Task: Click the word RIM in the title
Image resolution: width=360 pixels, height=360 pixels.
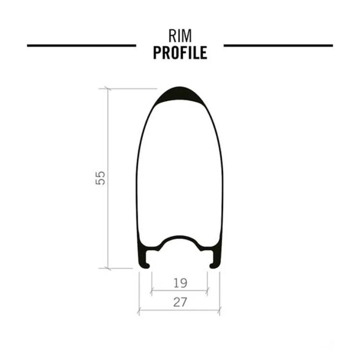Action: [x=180, y=36]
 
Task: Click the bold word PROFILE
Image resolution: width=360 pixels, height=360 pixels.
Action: [x=180, y=53]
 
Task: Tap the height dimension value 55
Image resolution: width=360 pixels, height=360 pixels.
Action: [x=100, y=178]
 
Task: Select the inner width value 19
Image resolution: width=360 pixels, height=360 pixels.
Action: [x=180, y=283]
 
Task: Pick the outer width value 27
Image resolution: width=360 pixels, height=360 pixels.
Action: [x=180, y=302]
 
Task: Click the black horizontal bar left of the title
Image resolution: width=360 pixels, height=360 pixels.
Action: [x=81, y=46]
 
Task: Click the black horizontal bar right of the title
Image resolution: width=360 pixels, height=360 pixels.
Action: [x=278, y=46]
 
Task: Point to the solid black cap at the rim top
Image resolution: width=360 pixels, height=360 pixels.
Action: [x=180, y=94]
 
